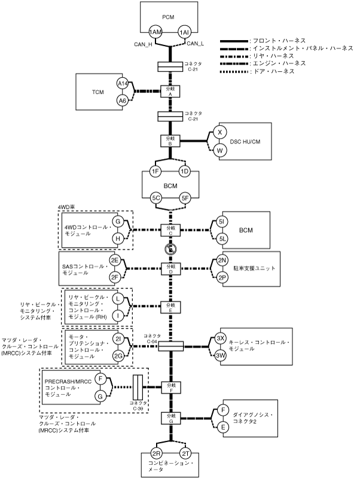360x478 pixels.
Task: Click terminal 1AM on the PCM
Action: [155, 32]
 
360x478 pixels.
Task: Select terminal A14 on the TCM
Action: [123, 84]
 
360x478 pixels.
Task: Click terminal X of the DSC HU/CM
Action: [219, 133]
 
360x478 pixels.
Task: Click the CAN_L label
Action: [196, 43]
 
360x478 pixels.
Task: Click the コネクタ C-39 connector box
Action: [138, 388]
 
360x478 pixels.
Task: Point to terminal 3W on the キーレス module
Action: [220, 355]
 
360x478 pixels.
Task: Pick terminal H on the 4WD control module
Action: [118, 238]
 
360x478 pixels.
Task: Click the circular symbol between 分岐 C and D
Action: [170, 248]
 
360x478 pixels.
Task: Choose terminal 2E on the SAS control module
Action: [114, 260]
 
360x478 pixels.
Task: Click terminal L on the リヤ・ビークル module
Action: [118, 298]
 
